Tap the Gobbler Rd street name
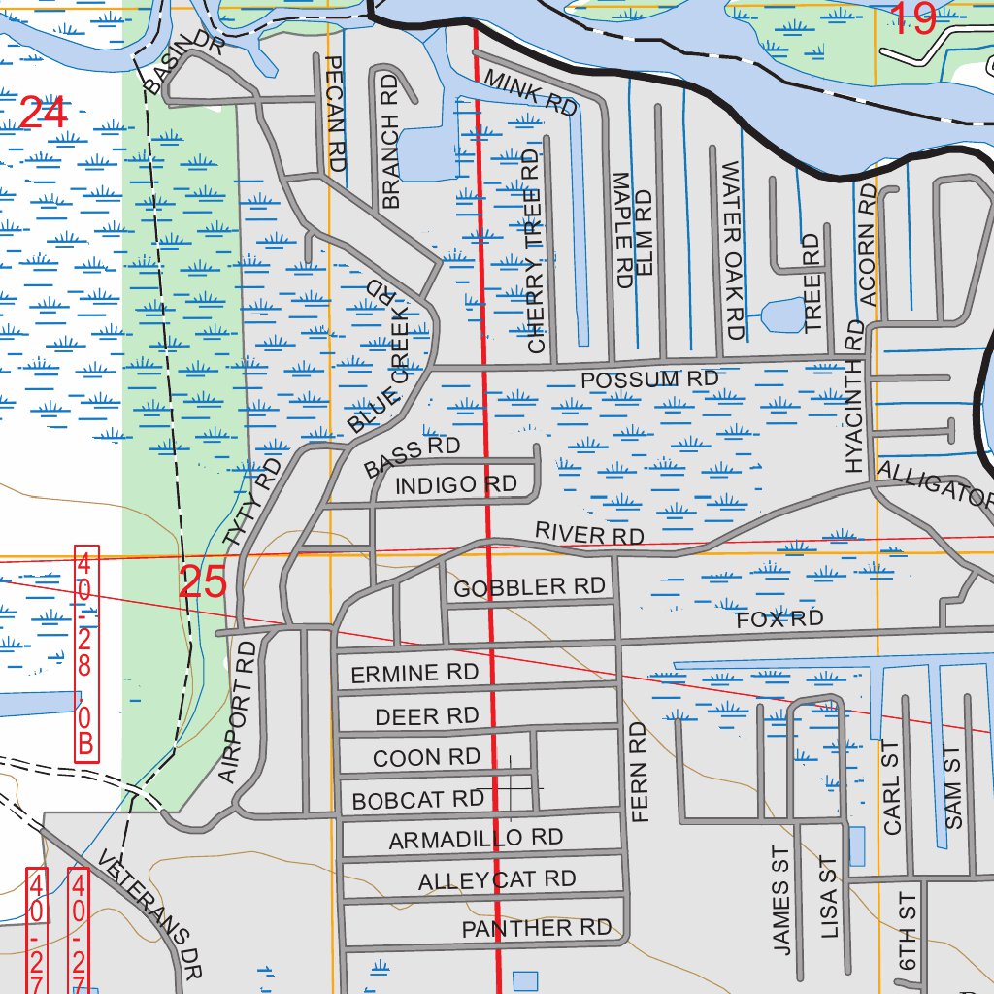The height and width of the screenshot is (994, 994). point(529,587)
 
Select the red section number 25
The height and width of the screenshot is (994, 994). point(203,581)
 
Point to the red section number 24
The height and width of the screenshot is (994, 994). point(43,114)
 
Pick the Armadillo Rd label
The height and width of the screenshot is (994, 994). point(476,839)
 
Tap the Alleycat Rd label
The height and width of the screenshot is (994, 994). point(496,880)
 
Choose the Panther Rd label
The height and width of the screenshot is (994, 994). point(536,929)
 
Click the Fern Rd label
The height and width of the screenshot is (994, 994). point(638,773)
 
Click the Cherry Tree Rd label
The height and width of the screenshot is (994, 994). point(532,250)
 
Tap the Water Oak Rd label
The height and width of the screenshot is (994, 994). point(733,249)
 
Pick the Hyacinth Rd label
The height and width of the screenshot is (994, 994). point(853,396)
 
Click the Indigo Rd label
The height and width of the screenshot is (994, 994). point(456,484)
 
